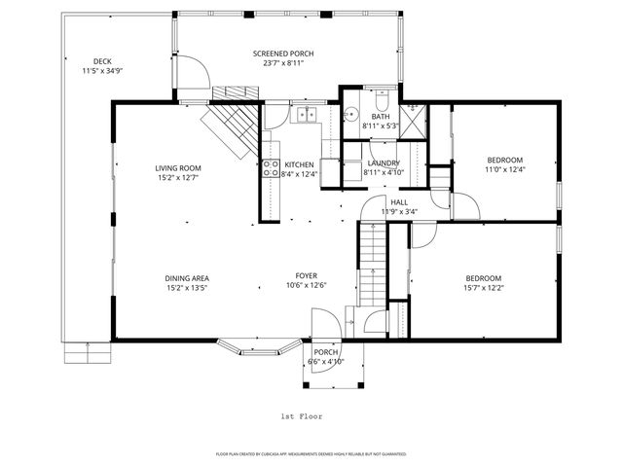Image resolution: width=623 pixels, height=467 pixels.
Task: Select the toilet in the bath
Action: point(383,100)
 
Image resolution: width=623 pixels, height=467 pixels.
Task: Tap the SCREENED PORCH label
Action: point(283,54)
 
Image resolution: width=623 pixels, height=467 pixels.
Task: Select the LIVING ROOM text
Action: point(184,167)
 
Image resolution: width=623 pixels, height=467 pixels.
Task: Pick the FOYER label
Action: point(307,276)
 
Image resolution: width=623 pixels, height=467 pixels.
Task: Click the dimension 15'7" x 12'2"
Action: point(484,287)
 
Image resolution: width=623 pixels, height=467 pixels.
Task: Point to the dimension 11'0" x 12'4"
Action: point(505,170)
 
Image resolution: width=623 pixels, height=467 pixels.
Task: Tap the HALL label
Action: point(399,202)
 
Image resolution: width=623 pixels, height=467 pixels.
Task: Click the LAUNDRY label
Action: point(383,162)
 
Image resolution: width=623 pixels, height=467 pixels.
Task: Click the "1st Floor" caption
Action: point(301,415)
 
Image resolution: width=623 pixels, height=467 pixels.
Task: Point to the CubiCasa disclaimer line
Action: point(311,454)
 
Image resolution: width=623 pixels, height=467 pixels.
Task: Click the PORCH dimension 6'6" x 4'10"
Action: point(326,362)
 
